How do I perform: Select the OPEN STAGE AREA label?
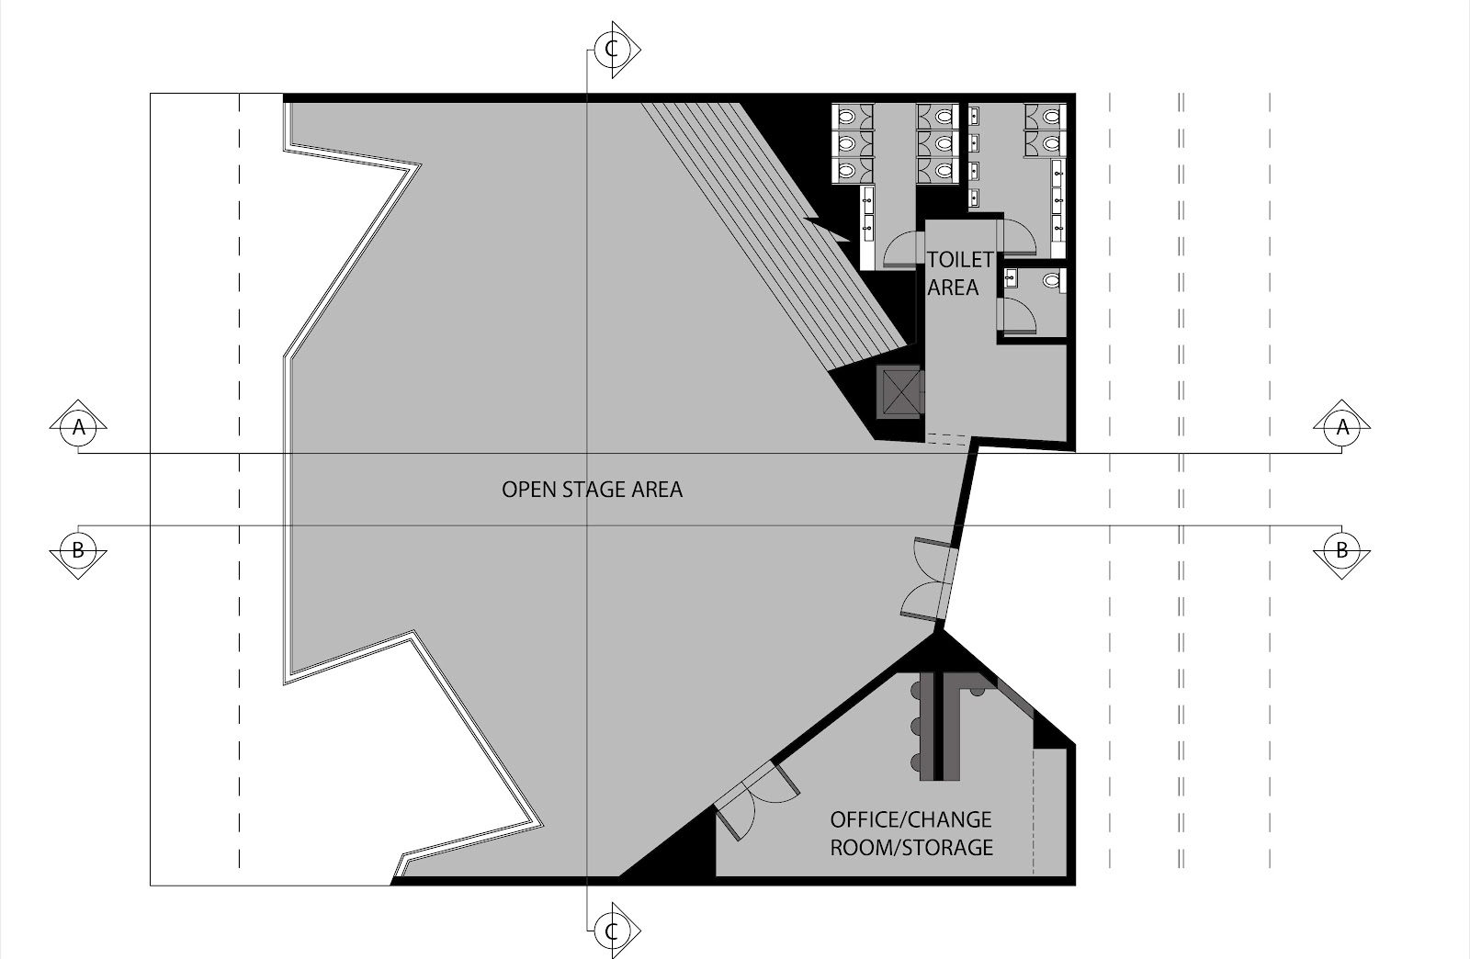click(x=592, y=490)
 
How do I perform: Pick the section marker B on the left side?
click(x=79, y=550)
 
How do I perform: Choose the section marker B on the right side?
click(x=1342, y=550)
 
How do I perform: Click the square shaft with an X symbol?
click(x=899, y=391)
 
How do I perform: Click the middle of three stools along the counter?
click(x=916, y=727)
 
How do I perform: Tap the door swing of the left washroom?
click(x=901, y=249)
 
